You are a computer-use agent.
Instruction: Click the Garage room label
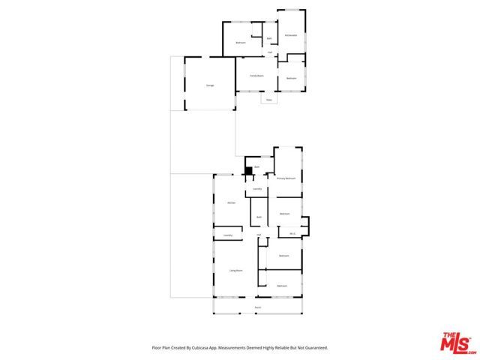tap(210, 85)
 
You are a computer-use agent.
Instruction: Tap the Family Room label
tap(255, 76)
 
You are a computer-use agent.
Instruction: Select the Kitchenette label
tap(291, 35)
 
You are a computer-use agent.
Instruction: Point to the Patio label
tap(268, 99)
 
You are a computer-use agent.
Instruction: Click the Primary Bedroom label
tap(286, 178)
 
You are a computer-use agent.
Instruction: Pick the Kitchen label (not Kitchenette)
tap(232, 203)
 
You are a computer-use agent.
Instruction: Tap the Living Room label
tap(235, 270)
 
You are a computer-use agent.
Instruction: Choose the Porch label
tap(257, 307)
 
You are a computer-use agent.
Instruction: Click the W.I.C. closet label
tap(292, 233)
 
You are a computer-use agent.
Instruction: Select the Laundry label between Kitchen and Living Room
tap(228, 235)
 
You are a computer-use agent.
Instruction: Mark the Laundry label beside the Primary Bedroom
tap(257, 189)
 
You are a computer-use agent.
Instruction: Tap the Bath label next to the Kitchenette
tap(269, 38)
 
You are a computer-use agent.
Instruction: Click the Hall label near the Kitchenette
tap(270, 52)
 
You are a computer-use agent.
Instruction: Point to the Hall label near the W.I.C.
tap(259, 235)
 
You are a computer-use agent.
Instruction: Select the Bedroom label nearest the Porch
tap(282, 286)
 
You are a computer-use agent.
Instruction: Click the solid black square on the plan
tap(247, 170)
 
